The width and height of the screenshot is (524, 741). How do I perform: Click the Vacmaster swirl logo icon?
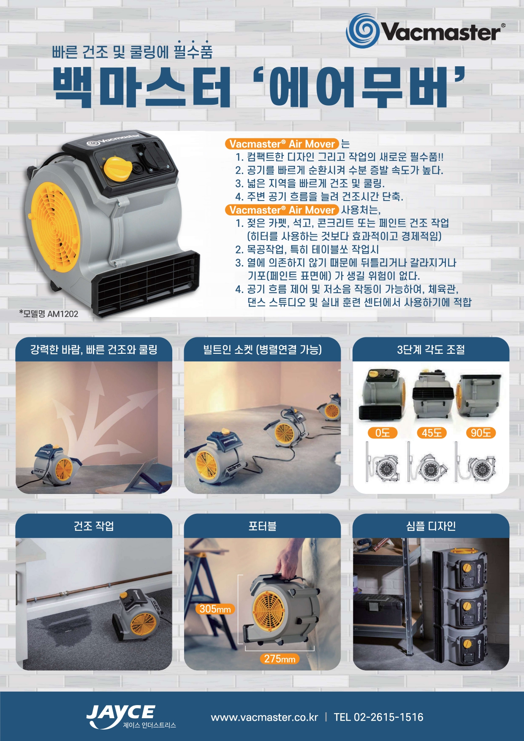pos(363,30)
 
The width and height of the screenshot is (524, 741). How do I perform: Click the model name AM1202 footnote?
pos(49,314)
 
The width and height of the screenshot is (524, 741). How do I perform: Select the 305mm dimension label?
pos(215,609)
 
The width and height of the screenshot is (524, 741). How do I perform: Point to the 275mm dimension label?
pos(280,659)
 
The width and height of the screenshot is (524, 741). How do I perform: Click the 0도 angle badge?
pos(382,433)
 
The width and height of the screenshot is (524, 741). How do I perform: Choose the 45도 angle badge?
pos(432,433)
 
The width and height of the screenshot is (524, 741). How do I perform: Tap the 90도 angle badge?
pos(481,433)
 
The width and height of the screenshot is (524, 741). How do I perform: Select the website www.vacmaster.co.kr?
pos(264,717)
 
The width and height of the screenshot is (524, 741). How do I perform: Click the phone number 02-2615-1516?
pos(388,717)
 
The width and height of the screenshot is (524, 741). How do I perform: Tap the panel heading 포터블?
pos(262,526)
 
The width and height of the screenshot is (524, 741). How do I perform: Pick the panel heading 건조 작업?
pos(94,526)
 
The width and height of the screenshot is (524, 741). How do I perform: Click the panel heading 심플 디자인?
pos(431,526)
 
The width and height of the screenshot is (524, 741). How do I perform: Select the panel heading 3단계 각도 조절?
pos(431,350)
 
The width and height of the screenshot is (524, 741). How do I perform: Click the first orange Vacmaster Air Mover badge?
pos(282,144)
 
